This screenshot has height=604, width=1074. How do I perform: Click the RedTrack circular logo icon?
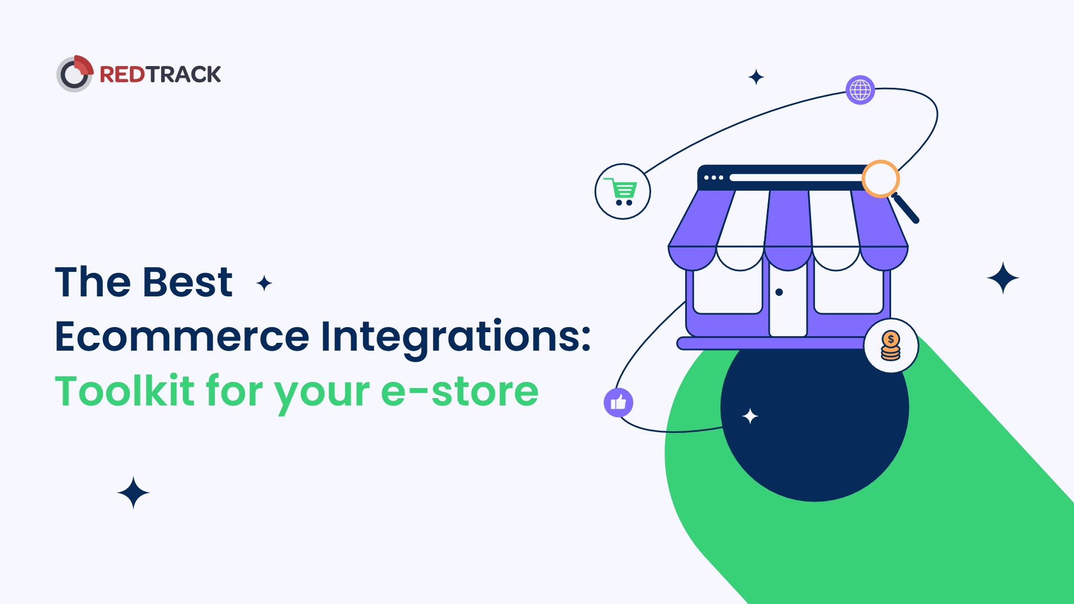(x=75, y=74)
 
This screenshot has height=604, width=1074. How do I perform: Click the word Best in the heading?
(x=187, y=282)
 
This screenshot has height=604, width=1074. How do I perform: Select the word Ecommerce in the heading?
(x=182, y=337)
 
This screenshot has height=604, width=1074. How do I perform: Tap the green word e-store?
(x=460, y=392)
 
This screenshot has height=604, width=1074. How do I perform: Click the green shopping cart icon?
(x=623, y=191)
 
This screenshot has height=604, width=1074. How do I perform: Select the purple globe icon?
(x=860, y=89)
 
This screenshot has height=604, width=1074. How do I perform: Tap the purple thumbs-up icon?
(x=618, y=402)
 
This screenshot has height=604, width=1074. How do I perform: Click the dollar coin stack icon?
(x=891, y=346)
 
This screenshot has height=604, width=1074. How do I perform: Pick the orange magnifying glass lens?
(x=880, y=179)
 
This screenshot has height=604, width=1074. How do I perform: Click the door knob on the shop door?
(x=779, y=292)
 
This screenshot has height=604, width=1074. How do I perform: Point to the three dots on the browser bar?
(x=714, y=177)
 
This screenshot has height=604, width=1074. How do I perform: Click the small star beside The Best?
(x=264, y=284)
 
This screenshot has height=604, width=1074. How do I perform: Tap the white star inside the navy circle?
(x=750, y=416)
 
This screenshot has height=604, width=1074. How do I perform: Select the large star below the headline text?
(x=133, y=493)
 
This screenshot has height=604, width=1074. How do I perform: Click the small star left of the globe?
(x=756, y=77)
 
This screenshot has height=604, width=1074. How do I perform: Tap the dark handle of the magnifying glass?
(x=906, y=209)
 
